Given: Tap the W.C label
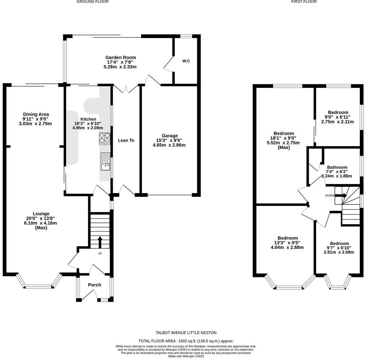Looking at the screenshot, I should pos(186,61).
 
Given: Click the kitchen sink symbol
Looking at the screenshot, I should pos(105,162).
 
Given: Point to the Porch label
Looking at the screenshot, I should pos(94,285).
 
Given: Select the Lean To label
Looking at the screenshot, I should pos(126,140).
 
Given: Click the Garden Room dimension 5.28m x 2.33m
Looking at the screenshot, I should pos(120,67).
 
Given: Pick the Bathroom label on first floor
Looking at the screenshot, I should pos(337,167).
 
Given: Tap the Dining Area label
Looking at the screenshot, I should pos(36,114).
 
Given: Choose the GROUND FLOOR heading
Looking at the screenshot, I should pos(93,2).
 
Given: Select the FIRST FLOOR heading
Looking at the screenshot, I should pos(304,2).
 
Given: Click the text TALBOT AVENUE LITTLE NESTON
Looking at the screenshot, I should pos(186,333).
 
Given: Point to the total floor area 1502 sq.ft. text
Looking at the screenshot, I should pos(186,341).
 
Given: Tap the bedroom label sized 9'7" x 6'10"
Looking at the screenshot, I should pos(339,244).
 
